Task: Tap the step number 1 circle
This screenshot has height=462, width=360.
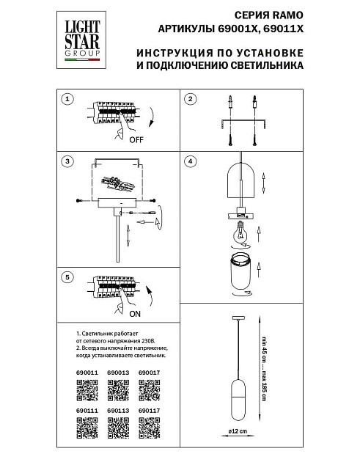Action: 67,99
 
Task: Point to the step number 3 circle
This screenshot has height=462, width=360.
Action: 67,161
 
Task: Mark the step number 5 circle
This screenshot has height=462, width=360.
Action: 67,277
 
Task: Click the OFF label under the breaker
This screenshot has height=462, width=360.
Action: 136,139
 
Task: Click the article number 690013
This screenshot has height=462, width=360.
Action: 117,372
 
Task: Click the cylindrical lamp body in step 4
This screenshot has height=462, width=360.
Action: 239,275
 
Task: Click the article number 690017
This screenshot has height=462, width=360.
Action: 149,372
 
